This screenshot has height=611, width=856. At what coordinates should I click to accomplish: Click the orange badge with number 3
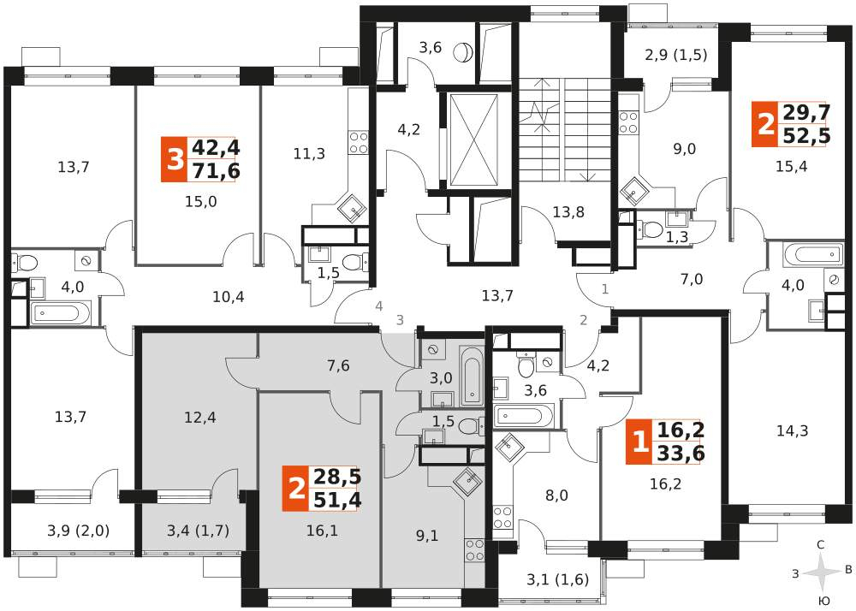coord(174,160)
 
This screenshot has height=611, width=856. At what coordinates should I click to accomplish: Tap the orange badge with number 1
coord(639,442)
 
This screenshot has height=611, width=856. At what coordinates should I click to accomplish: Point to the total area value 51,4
coord(336,500)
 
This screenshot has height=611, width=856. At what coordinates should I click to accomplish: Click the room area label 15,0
coord(201,202)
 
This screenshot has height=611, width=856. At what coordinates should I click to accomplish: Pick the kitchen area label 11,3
coord(309,154)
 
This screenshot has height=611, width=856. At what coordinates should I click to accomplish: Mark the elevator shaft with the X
coord(473,140)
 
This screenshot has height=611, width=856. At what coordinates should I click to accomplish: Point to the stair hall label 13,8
coord(568,211)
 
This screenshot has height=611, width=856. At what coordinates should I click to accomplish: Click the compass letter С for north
coord(820,544)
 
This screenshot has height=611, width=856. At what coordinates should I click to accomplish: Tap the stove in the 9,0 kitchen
coord(629,122)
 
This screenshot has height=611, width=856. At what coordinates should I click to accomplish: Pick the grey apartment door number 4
coord(379,306)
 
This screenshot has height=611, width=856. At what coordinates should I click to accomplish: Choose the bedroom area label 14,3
coord(793,431)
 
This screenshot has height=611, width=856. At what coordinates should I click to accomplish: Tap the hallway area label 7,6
coord(338,365)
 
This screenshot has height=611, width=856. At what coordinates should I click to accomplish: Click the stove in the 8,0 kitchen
coord(502,517)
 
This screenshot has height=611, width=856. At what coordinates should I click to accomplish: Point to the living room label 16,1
coord(322,531)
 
